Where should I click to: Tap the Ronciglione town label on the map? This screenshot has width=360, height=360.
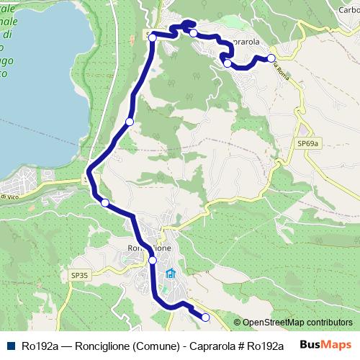pyautogui.click(x=148, y=248)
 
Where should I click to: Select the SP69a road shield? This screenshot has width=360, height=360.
pyautogui.click(x=307, y=144)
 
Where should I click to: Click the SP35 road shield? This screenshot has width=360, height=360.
pyautogui.click(x=79, y=275)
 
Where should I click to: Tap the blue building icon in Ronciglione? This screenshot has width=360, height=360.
pyautogui.click(x=171, y=274)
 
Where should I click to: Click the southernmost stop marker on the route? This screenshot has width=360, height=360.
pyautogui.click(x=205, y=318)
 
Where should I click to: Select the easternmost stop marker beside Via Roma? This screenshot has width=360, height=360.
pyautogui.click(x=271, y=58)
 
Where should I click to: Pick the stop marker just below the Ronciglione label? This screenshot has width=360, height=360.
pyautogui.click(x=153, y=260)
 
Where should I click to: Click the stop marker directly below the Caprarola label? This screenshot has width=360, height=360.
pyautogui.click(x=228, y=63)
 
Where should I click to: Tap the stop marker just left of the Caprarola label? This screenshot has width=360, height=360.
pyautogui.click(x=193, y=33)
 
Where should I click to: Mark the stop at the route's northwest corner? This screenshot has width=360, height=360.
pyautogui.click(x=153, y=37)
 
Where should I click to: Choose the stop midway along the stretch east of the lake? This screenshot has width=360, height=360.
pyautogui.click(x=130, y=122)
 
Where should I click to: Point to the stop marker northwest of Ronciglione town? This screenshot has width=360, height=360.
pyautogui.click(x=105, y=203)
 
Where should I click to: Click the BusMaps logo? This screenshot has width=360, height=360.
pyautogui.click(x=326, y=345)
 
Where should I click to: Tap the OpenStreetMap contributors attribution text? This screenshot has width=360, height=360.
pyautogui.click(x=297, y=323)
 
